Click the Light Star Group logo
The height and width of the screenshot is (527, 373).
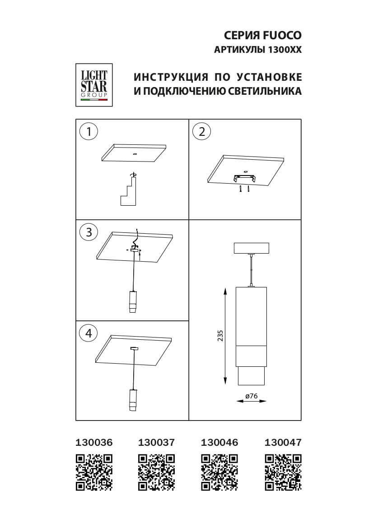(x=94, y=85)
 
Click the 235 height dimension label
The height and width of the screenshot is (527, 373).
(x=220, y=336)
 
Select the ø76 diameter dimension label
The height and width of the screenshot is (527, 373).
(x=251, y=396)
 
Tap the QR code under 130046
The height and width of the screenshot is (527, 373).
(x=219, y=472)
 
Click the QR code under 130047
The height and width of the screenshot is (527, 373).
(x=283, y=472)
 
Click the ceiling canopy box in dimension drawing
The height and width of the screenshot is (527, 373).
(x=251, y=248)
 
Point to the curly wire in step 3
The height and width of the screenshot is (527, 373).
(x=137, y=237)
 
